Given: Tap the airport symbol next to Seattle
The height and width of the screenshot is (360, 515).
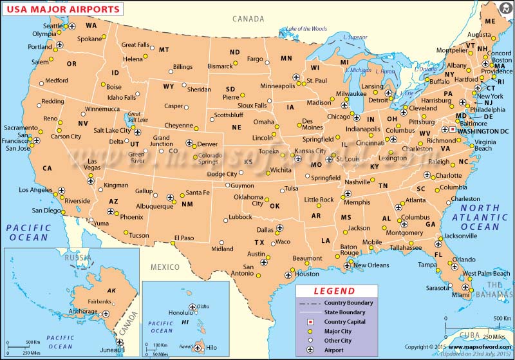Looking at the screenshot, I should pyautogui.click(x=72, y=26).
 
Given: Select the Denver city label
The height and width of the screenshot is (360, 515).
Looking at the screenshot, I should pyautogui.click(x=207, y=144).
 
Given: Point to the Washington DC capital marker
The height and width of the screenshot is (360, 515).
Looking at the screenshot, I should pyautogui.click(x=453, y=129).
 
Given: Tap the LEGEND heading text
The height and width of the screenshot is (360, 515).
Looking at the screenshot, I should pyautogui.click(x=333, y=291).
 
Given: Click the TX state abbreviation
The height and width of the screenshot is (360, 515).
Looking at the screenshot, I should pyautogui.click(x=259, y=243).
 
